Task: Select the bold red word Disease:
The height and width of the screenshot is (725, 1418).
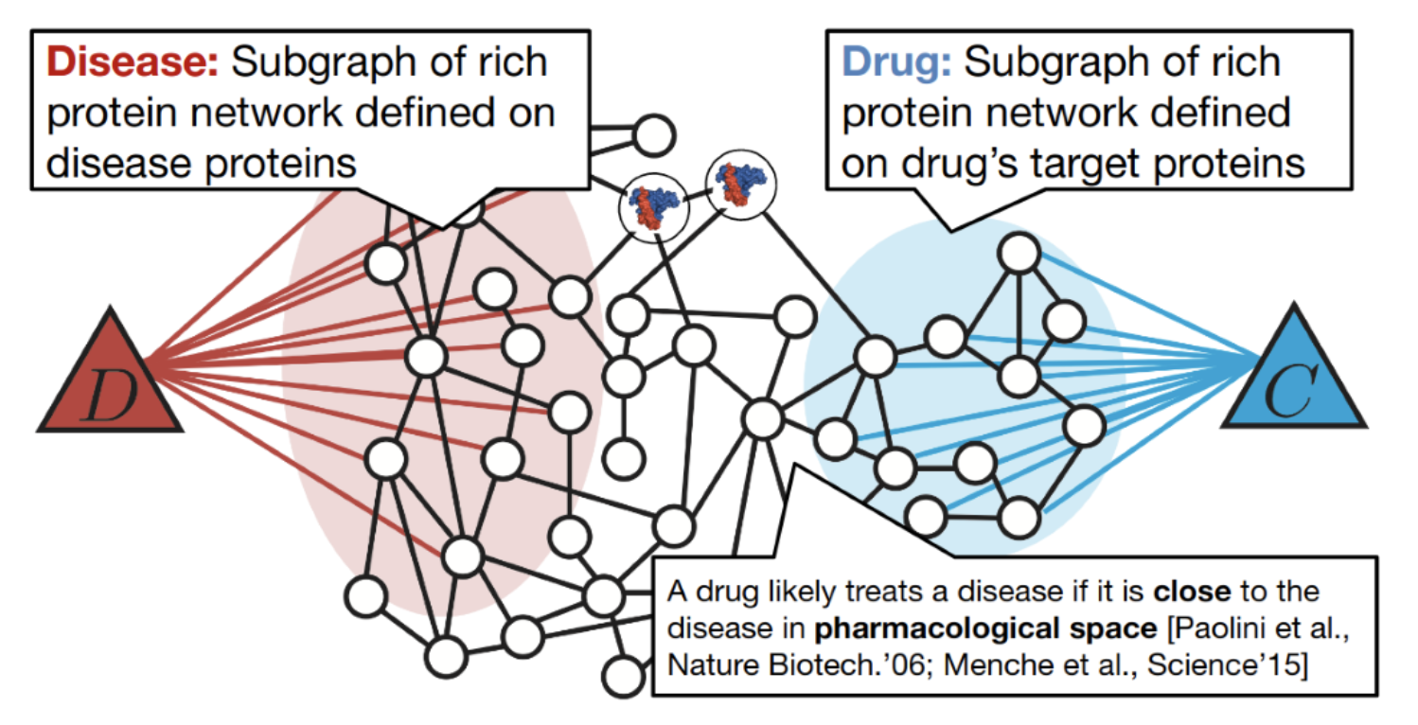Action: (x=133, y=62)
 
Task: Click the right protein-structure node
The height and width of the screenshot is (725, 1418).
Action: (x=740, y=185)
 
